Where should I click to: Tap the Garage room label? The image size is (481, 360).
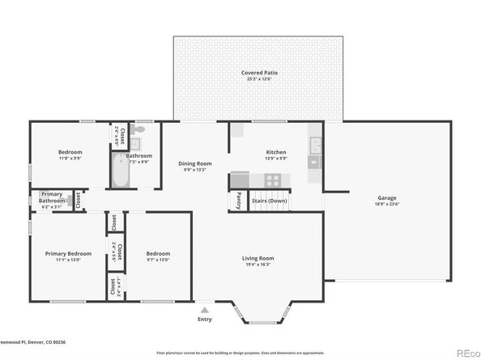386,198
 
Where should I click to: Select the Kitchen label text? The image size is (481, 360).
277,152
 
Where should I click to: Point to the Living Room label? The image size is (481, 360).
259,258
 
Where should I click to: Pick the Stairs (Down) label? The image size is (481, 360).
269,200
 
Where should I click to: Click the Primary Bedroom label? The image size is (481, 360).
68,253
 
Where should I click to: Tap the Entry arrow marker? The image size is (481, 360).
205,308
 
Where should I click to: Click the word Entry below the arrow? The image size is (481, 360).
205,319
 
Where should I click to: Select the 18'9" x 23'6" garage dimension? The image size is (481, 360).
386,205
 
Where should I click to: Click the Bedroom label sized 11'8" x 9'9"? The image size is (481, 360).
70,152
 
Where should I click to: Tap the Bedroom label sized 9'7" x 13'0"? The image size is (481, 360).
158,253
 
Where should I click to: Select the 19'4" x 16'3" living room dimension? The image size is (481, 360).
259,265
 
